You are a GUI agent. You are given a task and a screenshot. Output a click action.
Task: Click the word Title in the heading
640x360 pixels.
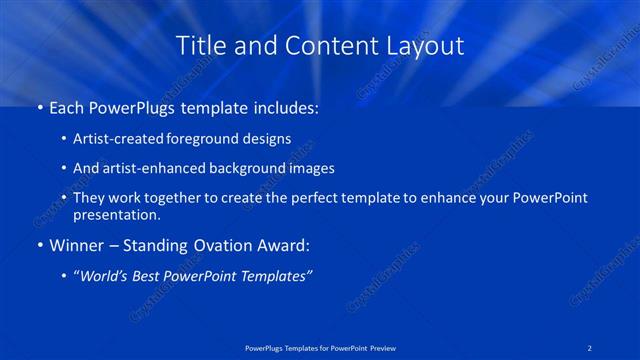click(x=198, y=45)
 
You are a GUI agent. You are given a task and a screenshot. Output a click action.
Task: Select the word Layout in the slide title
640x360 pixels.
click(x=426, y=45)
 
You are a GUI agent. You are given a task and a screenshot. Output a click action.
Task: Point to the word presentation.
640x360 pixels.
click(x=116, y=214)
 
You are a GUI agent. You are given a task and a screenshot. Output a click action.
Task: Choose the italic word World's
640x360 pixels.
click(x=107, y=276)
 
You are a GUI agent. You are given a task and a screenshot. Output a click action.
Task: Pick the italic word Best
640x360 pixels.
click(x=157, y=276)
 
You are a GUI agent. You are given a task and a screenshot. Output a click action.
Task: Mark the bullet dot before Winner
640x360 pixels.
click(x=39, y=244)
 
